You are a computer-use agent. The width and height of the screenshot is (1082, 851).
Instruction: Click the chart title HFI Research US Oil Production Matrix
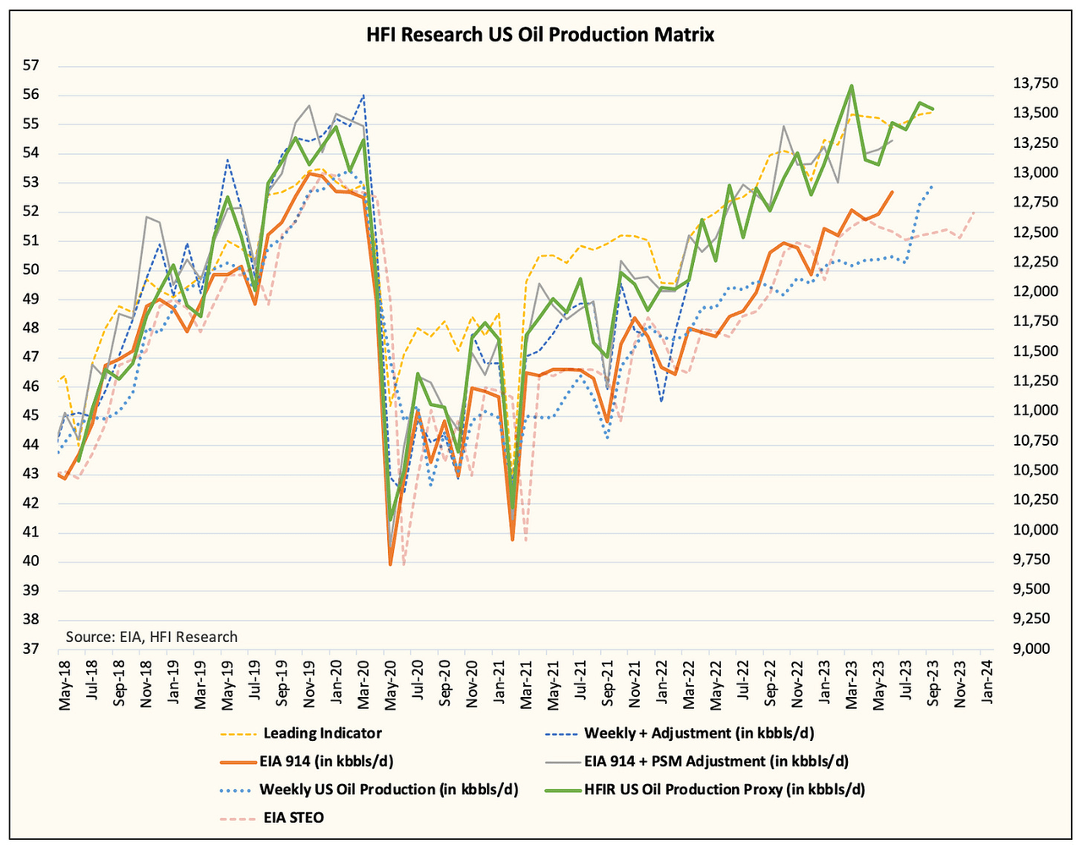[541, 36]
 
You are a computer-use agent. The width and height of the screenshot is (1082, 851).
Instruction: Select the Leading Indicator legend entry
[322, 733]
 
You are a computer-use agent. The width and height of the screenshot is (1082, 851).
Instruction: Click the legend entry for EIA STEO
[293, 817]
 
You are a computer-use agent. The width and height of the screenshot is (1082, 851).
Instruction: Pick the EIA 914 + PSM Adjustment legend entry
[716, 761]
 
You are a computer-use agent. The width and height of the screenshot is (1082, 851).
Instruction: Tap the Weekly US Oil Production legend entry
[388, 789]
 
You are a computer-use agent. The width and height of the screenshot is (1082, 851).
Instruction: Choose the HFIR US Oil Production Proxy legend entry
[724, 789]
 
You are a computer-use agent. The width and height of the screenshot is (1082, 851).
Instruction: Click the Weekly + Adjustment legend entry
[699, 733]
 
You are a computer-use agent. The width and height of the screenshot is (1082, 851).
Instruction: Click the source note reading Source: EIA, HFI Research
[151, 637]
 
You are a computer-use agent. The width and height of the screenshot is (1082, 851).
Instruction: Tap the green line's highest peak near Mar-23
[851, 85]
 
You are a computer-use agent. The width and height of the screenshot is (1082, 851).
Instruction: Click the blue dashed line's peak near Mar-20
[363, 95]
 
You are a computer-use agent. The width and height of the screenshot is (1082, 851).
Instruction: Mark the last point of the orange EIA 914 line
[893, 192]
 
